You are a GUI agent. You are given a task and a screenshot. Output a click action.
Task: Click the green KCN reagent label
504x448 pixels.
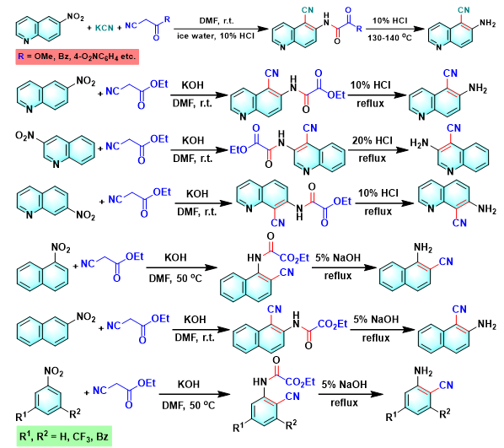[x=105, y=28]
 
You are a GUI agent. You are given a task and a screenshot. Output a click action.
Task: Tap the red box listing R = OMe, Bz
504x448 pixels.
[x=78, y=57]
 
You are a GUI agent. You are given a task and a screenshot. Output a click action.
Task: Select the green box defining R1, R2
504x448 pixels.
[x=64, y=436]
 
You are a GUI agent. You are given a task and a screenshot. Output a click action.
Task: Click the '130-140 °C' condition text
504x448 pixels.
[x=389, y=38]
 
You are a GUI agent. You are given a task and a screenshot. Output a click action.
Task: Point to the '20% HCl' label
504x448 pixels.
[x=373, y=141]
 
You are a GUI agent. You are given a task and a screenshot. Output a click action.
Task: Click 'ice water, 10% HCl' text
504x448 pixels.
[x=216, y=36]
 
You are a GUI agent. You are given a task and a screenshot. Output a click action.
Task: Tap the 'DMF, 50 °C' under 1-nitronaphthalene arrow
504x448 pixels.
[x=175, y=278]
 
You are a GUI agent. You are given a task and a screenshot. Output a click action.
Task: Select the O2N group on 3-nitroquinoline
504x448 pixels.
[x=24, y=136]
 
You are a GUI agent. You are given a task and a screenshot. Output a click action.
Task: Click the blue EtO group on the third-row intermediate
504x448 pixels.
[x=239, y=149]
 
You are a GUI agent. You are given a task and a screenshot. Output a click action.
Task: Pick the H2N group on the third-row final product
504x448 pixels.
[x=420, y=143]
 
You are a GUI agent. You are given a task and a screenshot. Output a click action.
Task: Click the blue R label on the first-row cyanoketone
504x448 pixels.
[x=167, y=19]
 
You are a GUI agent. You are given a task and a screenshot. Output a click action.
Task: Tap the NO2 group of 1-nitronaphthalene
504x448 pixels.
[x=61, y=248]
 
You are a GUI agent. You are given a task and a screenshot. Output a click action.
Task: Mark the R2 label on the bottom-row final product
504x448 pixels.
[x=445, y=414]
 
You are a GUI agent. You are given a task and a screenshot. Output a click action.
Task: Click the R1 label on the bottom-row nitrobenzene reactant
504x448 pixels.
[x=22, y=417]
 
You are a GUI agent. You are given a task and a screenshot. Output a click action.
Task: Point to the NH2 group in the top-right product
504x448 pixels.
[x=487, y=23]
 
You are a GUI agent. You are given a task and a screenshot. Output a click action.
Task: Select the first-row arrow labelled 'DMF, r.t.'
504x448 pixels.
[x=221, y=29]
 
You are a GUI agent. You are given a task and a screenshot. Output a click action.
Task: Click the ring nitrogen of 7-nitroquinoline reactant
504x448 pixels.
[x=29, y=214]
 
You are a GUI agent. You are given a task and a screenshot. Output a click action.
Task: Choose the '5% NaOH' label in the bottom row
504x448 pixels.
[x=344, y=385]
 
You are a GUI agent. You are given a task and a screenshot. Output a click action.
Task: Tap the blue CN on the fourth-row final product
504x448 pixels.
[x=459, y=223]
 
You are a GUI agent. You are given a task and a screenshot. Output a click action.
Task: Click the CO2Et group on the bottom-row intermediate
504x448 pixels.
[x=300, y=382]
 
